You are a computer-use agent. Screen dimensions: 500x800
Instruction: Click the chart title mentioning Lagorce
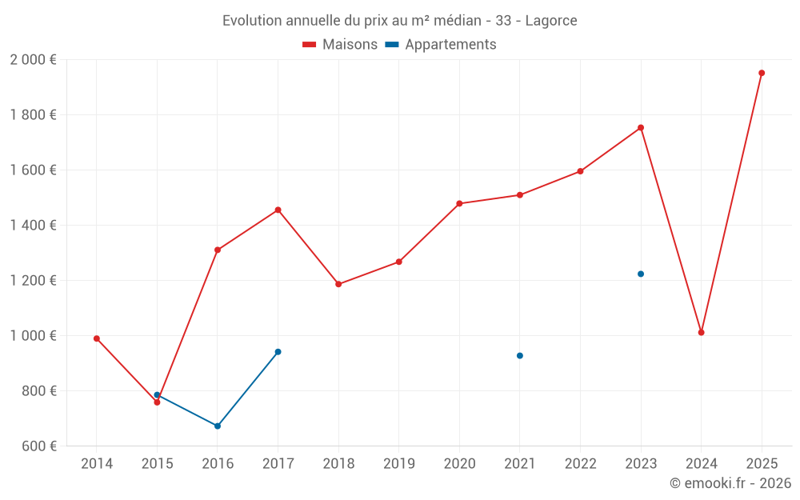tap(399, 21)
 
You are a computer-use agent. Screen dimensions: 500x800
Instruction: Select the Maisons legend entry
tap(340, 45)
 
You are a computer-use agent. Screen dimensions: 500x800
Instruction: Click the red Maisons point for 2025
tap(762, 73)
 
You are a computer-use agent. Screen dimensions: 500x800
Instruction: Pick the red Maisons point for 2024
tap(701, 332)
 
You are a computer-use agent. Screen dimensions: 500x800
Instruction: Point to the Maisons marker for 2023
tap(641, 127)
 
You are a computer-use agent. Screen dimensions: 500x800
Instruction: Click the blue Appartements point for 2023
tap(641, 274)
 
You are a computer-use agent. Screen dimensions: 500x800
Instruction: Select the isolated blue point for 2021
tap(520, 355)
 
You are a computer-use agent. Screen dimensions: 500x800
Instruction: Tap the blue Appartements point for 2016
tap(218, 426)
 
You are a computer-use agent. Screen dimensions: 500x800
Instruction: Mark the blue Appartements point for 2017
tap(278, 352)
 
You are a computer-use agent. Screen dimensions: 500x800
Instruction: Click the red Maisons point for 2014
tap(97, 338)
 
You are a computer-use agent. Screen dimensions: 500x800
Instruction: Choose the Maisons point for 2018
tap(338, 284)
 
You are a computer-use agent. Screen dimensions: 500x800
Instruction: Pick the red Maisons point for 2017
tap(278, 210)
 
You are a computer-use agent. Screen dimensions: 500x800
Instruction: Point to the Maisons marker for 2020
tap(459, 203)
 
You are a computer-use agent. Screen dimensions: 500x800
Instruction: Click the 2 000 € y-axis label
tap(33, 60)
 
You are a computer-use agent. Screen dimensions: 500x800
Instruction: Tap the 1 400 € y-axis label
tap(33, 226)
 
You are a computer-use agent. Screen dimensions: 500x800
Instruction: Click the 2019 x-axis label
tap(398, 463)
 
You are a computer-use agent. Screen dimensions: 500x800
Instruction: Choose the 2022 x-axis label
tap(580, 463)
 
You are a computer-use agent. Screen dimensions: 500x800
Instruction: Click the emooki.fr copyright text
tap(730, 483)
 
